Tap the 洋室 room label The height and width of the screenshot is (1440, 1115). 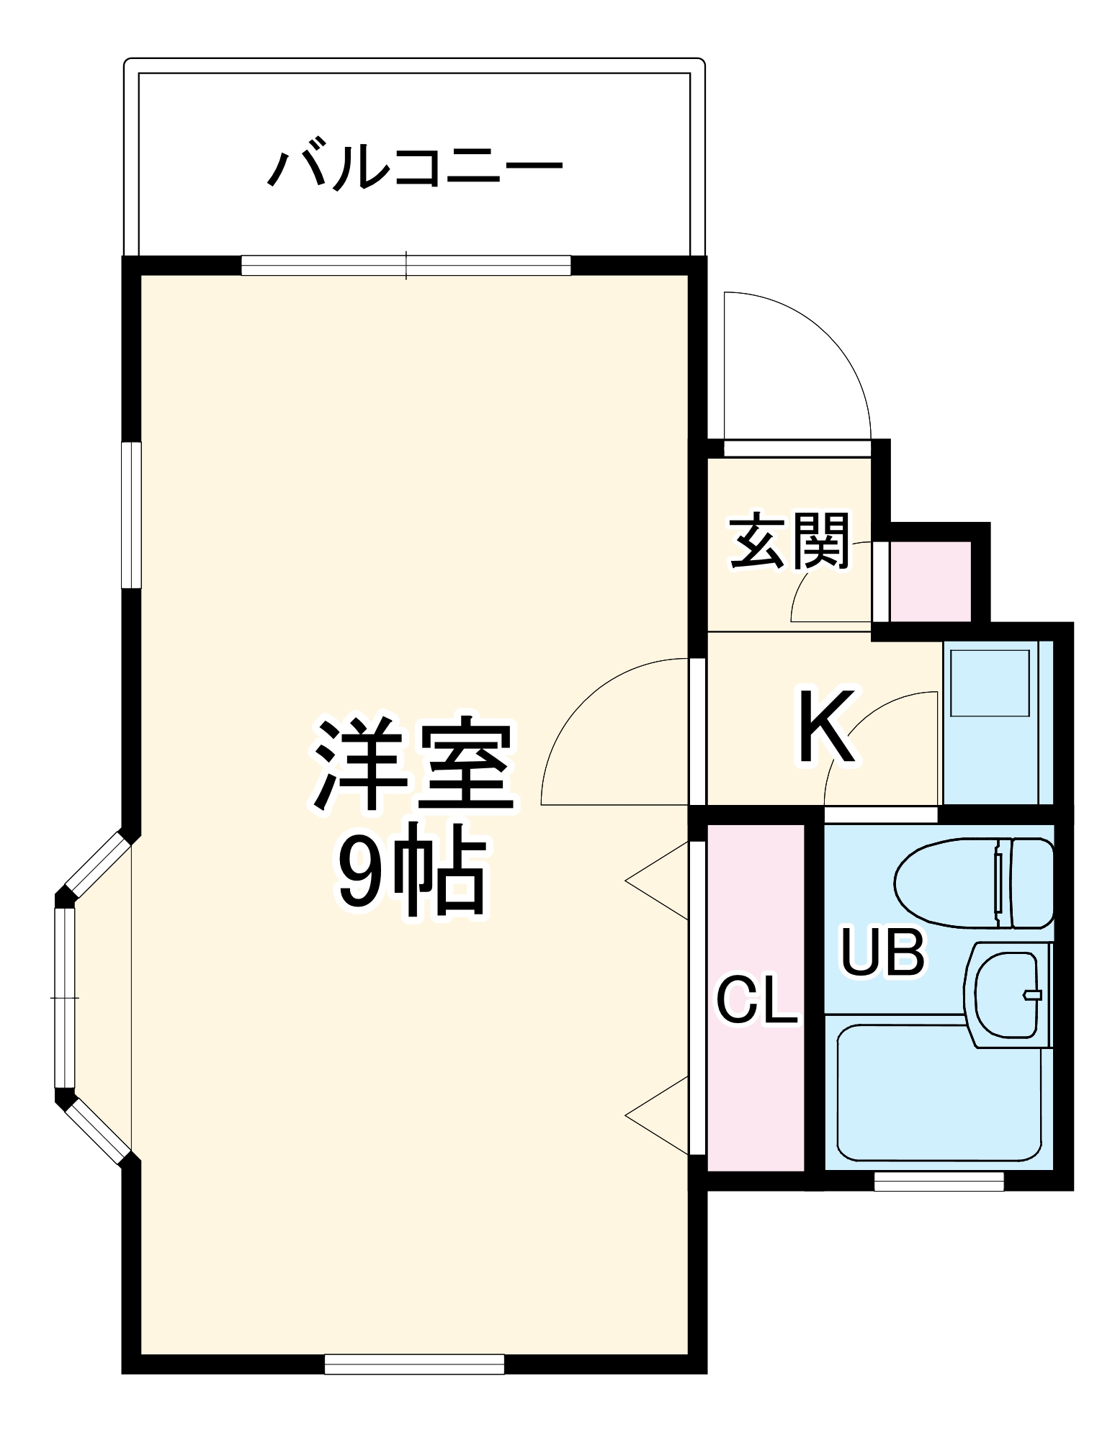tap(413, 764)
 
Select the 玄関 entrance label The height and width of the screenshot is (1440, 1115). tap(789, 541)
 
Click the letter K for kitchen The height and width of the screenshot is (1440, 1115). tap(826, 726)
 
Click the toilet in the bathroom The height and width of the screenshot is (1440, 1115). tap(972, 883)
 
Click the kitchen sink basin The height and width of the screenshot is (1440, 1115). tap(990, 683)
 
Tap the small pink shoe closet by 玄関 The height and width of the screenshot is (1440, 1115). tap(930, 582)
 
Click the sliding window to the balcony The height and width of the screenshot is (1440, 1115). tap(406, 265)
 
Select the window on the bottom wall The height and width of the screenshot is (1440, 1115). tap(413, 1364)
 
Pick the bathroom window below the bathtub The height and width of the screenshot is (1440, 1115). tap(939, 1181)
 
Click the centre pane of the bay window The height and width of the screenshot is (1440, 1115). tap(65, 998)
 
